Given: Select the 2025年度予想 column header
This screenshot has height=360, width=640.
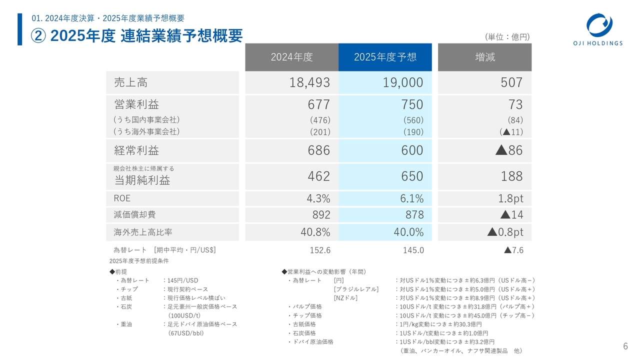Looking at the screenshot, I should click(385, 57).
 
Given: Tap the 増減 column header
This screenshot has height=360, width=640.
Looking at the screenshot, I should click(484, 57).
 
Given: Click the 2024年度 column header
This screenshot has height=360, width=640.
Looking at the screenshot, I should click(291, 57).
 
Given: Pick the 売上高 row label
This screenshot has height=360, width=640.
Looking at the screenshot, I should click(131, 82).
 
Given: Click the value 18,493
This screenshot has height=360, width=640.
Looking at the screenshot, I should click(309, 82).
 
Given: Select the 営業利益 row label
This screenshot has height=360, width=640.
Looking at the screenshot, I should click(136, 104).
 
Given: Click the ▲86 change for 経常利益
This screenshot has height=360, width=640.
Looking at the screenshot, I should click(508, 150).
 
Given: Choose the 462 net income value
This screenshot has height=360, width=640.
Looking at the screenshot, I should click(319, 176).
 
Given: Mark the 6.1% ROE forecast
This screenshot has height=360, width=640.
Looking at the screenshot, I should click(411, 198).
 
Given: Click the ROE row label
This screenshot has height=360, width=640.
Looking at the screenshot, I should click(122, 198).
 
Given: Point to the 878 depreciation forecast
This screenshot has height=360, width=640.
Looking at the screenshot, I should click(413, 215).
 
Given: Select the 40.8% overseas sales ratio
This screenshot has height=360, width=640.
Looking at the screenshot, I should click(315, 232).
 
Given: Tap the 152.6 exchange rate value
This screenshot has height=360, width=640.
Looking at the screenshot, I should click(320, 250).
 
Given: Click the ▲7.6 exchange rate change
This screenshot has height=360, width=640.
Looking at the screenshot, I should click(513, 250).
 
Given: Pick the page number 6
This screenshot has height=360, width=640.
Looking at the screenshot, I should click(625, 346).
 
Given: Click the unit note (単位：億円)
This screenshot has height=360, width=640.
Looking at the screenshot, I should click(507, 37).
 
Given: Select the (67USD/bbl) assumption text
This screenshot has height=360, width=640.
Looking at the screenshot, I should click(186, 333).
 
